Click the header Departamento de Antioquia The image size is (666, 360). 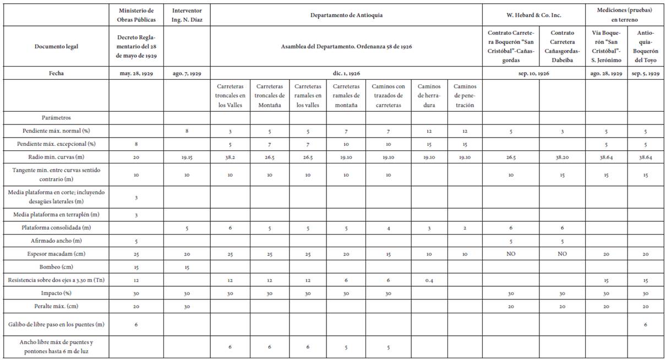tap(346, 15)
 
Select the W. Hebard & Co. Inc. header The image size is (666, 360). tap(538, 15)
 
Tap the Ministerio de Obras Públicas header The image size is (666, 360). tap(136, 15)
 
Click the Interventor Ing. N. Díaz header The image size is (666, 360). tap(187, 15)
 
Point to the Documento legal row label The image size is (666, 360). tap(56, 46)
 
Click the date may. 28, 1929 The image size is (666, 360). tap(136, 73)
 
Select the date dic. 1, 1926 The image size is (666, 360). tap(346, 73)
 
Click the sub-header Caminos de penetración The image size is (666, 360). tap(464, 95)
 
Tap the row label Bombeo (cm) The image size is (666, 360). tap(56, 268)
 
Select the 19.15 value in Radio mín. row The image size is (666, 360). tap(187, 156)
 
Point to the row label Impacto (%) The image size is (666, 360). tap(56, 293)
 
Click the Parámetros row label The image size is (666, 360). tap(56, 117)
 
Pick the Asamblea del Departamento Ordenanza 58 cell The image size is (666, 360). tap(346, 46)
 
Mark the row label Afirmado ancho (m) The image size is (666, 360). tap(56, 240)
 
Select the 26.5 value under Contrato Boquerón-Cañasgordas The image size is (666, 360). tap(511, 156)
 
